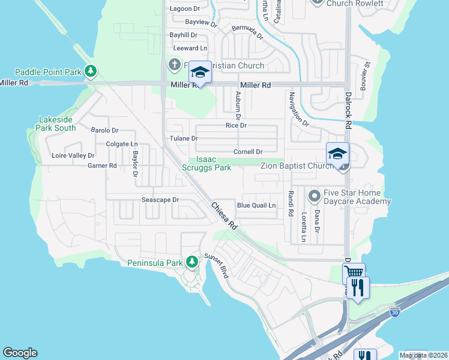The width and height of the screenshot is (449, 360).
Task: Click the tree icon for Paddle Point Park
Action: pyautogui.click(x=91, y=72)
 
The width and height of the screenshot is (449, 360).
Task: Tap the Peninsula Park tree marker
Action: pyautogui.click(x=191, y=262)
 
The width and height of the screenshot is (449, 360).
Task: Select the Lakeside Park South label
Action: pyautogui.click(x=56, y=124)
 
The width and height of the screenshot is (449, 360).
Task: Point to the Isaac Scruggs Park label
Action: pyautogui.click(x=206, y=164)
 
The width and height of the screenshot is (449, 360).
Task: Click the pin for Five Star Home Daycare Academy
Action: pyautogui.click(x=313, y=196)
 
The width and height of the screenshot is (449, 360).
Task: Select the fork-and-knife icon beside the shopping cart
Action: pyautogui.click(x=358, y=287)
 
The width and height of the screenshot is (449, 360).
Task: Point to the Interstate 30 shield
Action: pyautogui.click(x=394, y=312)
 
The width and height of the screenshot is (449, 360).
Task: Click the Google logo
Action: pyautogui.click(x=20, y=353)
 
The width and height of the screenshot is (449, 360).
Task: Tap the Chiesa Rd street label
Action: pyautogui.click(x=224, y=217)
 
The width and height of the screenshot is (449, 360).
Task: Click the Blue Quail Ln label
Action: pyautogui.click(x=256, y=205)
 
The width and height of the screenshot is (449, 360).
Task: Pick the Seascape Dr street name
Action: pyautogui.click(x=160, y=200)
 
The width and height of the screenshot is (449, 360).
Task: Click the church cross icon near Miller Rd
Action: pyautogui.click(x=174, y=64)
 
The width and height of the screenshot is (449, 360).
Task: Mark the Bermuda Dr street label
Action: pyautogui.click(x=248, y=32)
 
